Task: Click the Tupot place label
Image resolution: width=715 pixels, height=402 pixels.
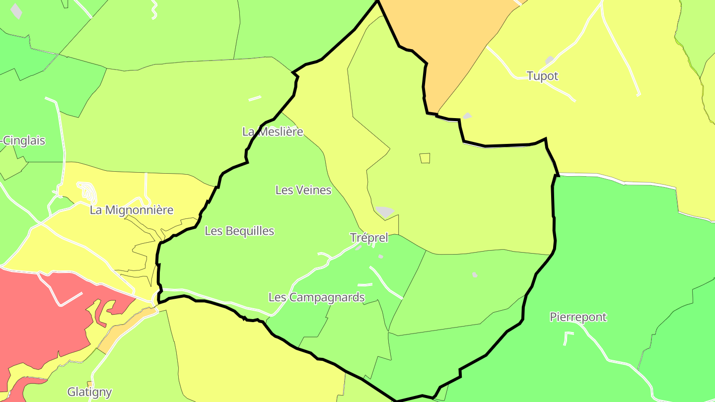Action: [542, 76]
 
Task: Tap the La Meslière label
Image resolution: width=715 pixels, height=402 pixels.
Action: [273, 132]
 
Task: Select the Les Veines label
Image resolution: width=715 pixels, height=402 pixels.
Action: [303, 190]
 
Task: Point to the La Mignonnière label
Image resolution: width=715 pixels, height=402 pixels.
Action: [132, 210]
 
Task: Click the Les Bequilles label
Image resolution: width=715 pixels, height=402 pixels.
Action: [239, 231]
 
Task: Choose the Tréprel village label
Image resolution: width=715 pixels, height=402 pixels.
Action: [369, 238]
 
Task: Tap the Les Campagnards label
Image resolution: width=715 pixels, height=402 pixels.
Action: [317, 297]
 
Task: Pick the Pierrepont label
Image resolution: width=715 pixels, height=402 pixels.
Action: [578, 317]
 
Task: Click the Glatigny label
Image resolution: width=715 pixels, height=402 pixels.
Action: [89, 392]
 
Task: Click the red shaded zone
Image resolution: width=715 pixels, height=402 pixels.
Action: [40, 318]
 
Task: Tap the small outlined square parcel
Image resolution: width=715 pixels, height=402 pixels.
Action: [425, 158]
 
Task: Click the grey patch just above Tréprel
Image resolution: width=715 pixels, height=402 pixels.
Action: [385, 211]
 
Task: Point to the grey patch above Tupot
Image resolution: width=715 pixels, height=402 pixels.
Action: [549, 60]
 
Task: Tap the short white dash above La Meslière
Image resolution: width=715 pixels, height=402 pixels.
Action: [255, 98]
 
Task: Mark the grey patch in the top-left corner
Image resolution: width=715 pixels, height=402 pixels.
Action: [16, 10]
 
